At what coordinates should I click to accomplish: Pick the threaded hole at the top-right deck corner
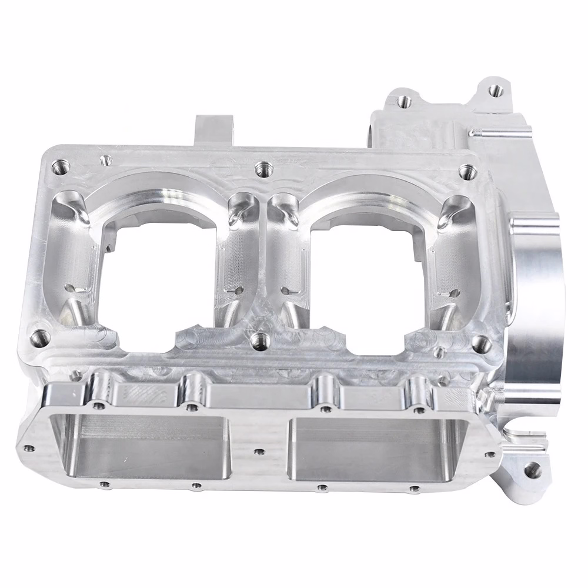pos(467,171)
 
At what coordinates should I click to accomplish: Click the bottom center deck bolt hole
pos(258,339)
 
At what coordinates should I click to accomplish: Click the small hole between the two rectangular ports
pos(257,452)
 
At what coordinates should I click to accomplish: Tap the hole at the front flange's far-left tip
pos(27,449)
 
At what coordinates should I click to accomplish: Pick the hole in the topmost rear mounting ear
pos(496,90)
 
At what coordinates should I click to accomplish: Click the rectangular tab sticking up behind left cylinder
pos(213,129)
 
